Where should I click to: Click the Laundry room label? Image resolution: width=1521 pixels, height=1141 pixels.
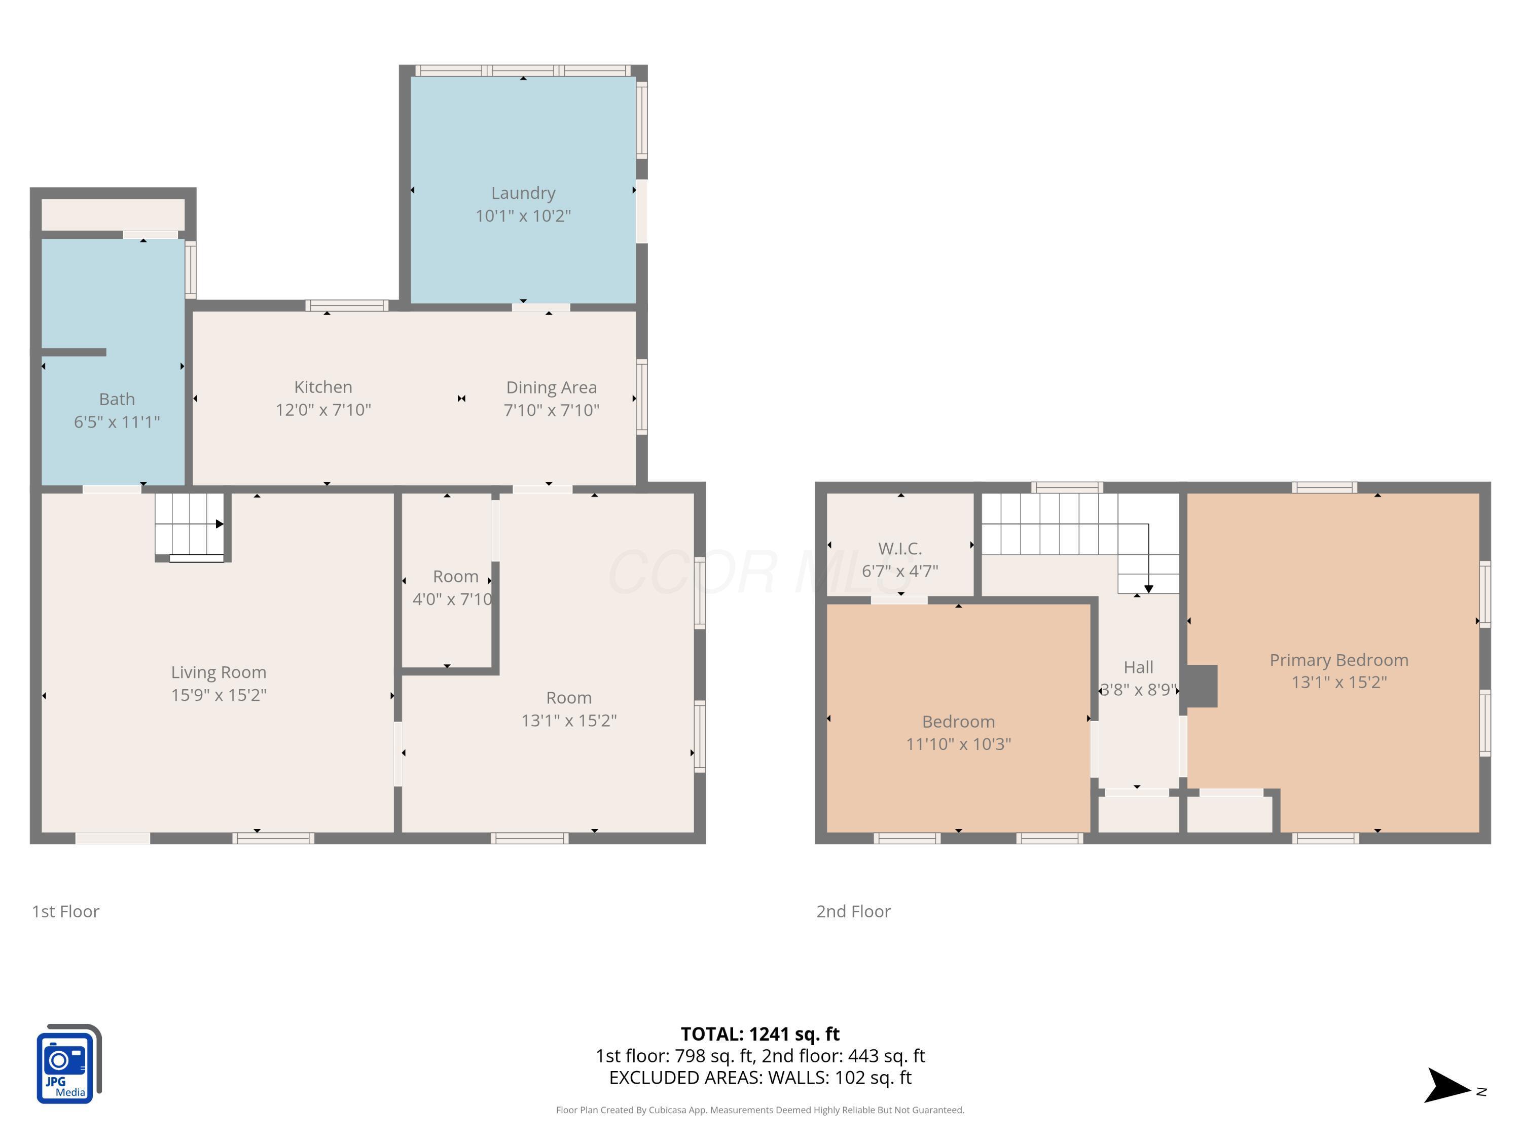(x=523, y=193)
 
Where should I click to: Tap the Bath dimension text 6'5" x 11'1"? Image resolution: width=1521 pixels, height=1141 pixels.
(x=117, y=421)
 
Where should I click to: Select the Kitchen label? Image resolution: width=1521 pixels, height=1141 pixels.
(x=323, y=387)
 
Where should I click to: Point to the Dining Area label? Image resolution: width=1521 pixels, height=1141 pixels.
(x=552, y=388)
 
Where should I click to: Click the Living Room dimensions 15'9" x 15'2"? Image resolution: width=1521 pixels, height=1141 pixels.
(x=219, y=695)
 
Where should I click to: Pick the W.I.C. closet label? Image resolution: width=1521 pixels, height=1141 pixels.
(x=899, y=549)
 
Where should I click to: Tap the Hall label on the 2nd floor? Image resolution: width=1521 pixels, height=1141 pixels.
(x=1138, y=667)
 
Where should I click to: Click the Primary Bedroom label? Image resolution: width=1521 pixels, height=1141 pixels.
(x=1339, y=660)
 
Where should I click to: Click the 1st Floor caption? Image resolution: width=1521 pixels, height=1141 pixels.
(x=65, y=911)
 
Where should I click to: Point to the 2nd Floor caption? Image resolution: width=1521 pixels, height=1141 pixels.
(x=853, y=911)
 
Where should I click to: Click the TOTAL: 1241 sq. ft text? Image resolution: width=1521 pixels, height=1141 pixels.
(x=760, y=1033)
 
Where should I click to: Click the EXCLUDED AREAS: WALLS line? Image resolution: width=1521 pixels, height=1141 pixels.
(x=760, y=1078)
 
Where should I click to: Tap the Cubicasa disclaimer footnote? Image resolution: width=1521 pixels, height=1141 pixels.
(x=760, y=1110)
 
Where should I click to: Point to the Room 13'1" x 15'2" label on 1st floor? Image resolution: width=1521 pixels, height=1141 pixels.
(x=569, y=709)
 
